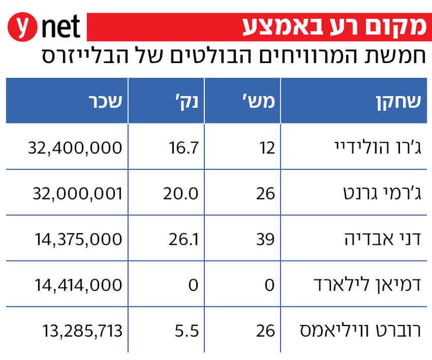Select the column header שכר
click(x=105, y=101)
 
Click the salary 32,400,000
click(x=75, y=147)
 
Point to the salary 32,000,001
click(x=75, y=193)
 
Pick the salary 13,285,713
click(x=82, y=331)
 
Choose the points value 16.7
click(x=185, y=147)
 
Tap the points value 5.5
click(x=188, y=331)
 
